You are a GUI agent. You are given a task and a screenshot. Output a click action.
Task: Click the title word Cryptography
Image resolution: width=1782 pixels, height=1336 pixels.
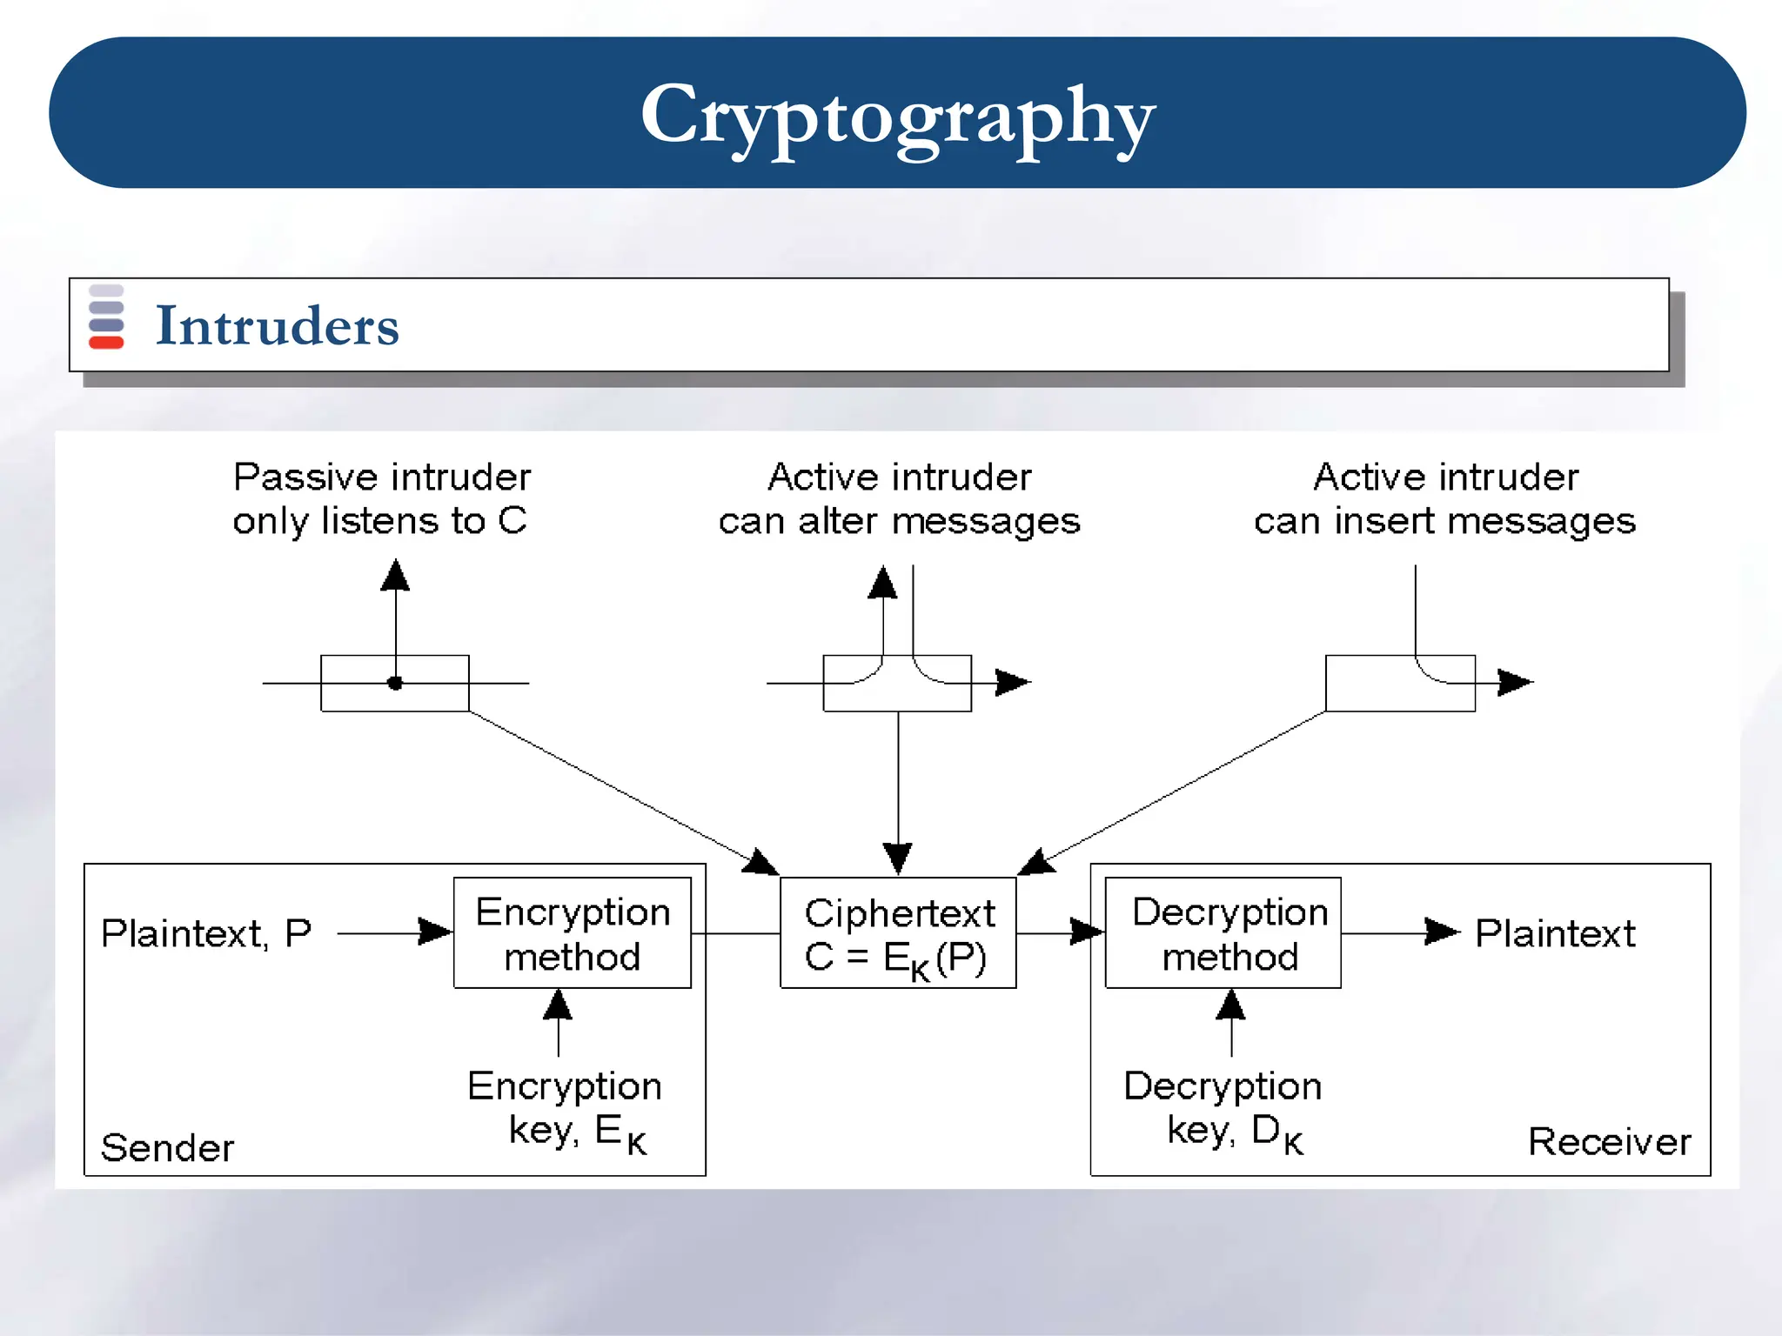[x=897, y=116]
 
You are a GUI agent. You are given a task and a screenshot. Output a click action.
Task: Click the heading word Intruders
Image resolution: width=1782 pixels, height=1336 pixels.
[x=277, y=326]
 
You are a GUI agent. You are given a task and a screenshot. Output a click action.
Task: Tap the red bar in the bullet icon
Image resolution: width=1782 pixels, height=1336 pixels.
[x=106, y=343]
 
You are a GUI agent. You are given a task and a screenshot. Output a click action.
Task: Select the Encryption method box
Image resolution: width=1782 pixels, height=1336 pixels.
[x=573, y=933]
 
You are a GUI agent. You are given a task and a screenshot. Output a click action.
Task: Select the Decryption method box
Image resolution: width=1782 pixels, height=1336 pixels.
[x=1223, y=933]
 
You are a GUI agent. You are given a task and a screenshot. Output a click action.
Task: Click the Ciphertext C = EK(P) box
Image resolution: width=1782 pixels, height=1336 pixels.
[x=898, y=934]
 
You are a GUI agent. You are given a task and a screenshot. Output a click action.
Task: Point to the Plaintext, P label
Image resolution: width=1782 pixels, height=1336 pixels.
[x=206, y=933]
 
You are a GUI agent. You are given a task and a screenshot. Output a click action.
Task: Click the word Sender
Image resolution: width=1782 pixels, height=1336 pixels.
[x=167, y=1147]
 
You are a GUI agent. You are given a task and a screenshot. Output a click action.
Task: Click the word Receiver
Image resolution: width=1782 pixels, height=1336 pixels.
[x=1609, y=1141]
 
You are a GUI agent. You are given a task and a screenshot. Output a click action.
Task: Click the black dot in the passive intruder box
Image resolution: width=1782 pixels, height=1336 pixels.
[x=395, y=683]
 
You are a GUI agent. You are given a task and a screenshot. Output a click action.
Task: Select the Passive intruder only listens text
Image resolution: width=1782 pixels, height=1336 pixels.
[x=381, y=498]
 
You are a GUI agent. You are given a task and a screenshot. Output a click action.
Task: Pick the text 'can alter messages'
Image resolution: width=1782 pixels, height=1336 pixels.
[x=899, y=521]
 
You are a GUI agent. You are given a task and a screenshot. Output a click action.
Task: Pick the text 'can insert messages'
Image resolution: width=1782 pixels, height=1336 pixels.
[x=1444, y=521]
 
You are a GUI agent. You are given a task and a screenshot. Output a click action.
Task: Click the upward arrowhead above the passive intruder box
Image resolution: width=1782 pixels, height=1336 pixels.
[x=395, y=576]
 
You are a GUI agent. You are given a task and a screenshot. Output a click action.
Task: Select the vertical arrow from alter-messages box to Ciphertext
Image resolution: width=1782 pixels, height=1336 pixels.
[x=898, y=783]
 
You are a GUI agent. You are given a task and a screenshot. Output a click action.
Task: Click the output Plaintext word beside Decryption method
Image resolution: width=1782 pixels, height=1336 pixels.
[x=1555, y=933]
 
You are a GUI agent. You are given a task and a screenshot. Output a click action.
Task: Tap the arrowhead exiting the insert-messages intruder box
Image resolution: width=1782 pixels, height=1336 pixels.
[x=1515, y=682]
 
